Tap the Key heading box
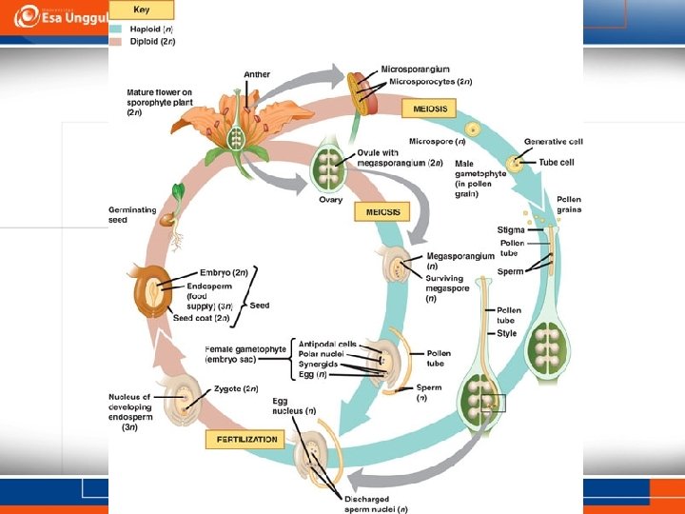pos(141,10)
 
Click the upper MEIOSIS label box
pos(430,109)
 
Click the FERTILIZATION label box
pos(245,440)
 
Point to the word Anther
pos(257,73)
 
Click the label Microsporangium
pos(417,69)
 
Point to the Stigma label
pos(510,230)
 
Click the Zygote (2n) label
pos(237,388)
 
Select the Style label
pos(506,333)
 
